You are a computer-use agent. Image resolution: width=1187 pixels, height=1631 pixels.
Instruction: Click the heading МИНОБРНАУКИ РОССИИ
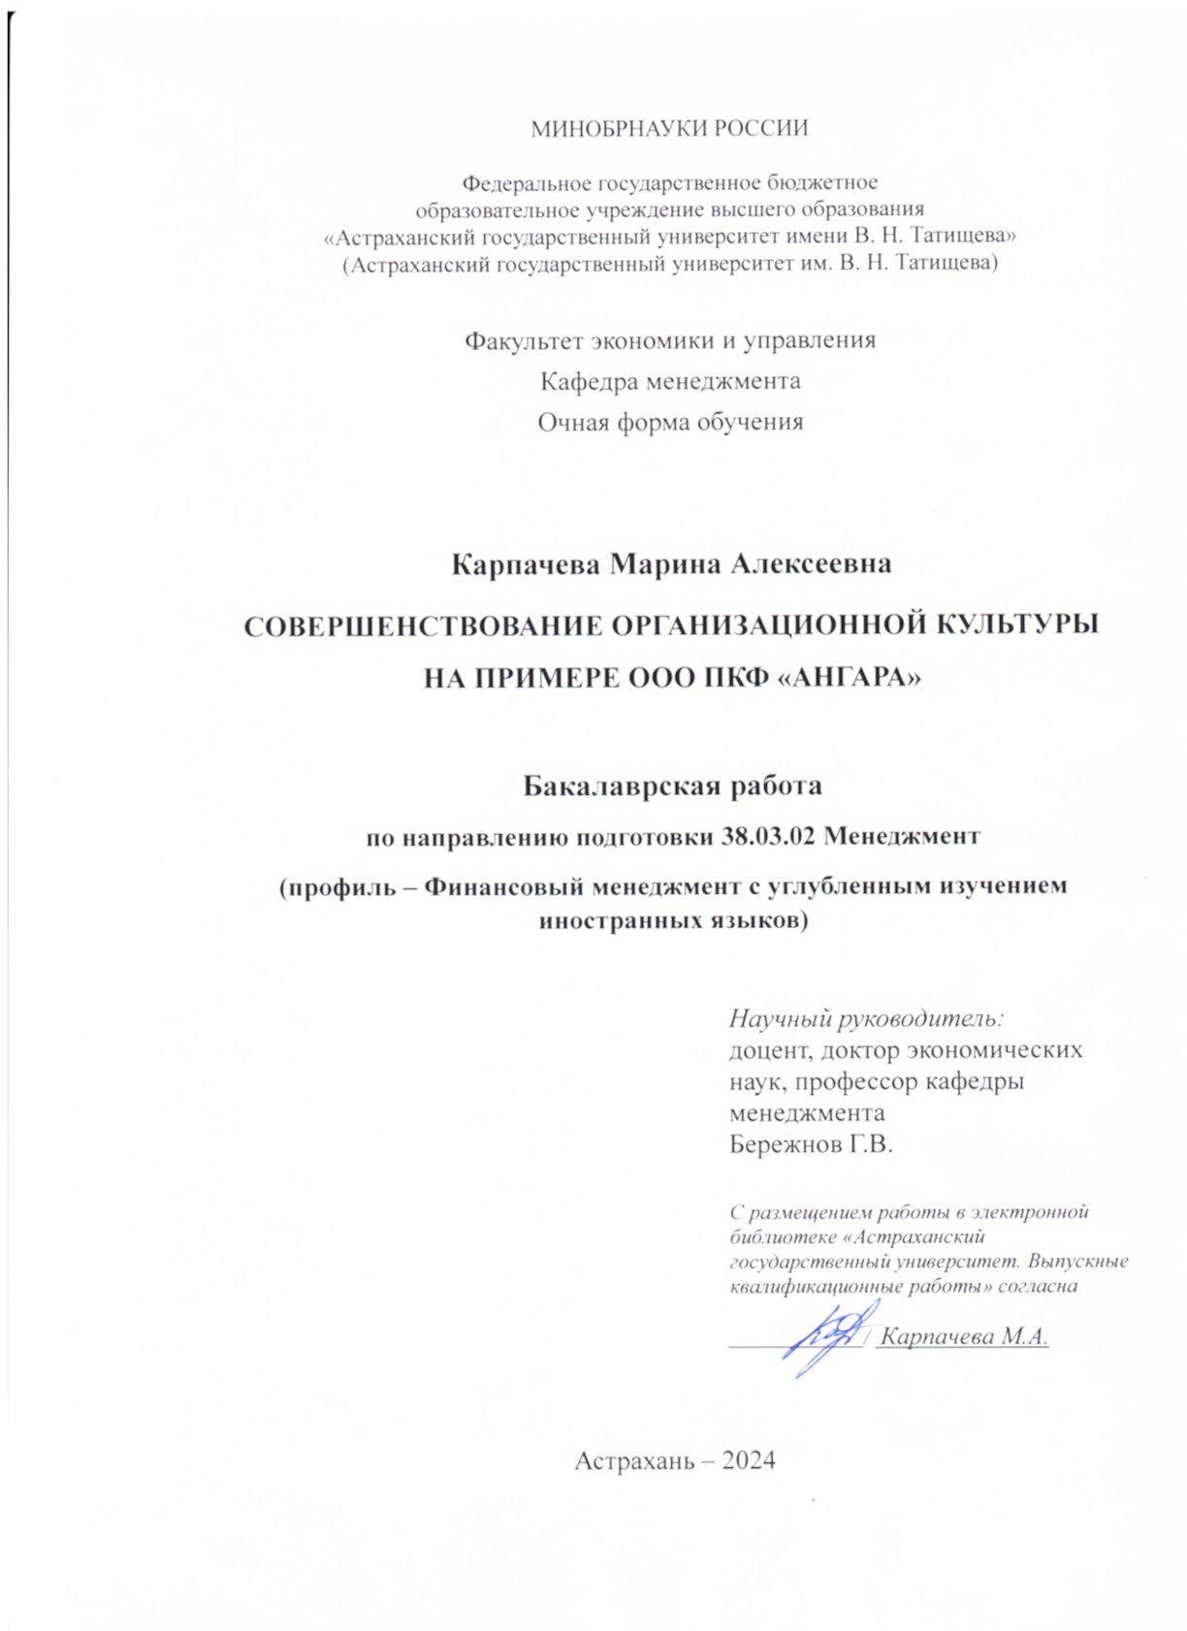coord(669,129)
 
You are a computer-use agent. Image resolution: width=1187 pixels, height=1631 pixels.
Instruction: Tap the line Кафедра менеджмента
coord(670,381)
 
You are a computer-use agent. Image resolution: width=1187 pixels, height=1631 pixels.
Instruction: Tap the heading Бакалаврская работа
coord(672,784)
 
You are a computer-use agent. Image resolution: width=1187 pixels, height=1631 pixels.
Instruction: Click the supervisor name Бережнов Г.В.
coord(810,1144)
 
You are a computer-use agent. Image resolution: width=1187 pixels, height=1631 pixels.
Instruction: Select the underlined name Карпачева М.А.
coord(966,1336)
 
